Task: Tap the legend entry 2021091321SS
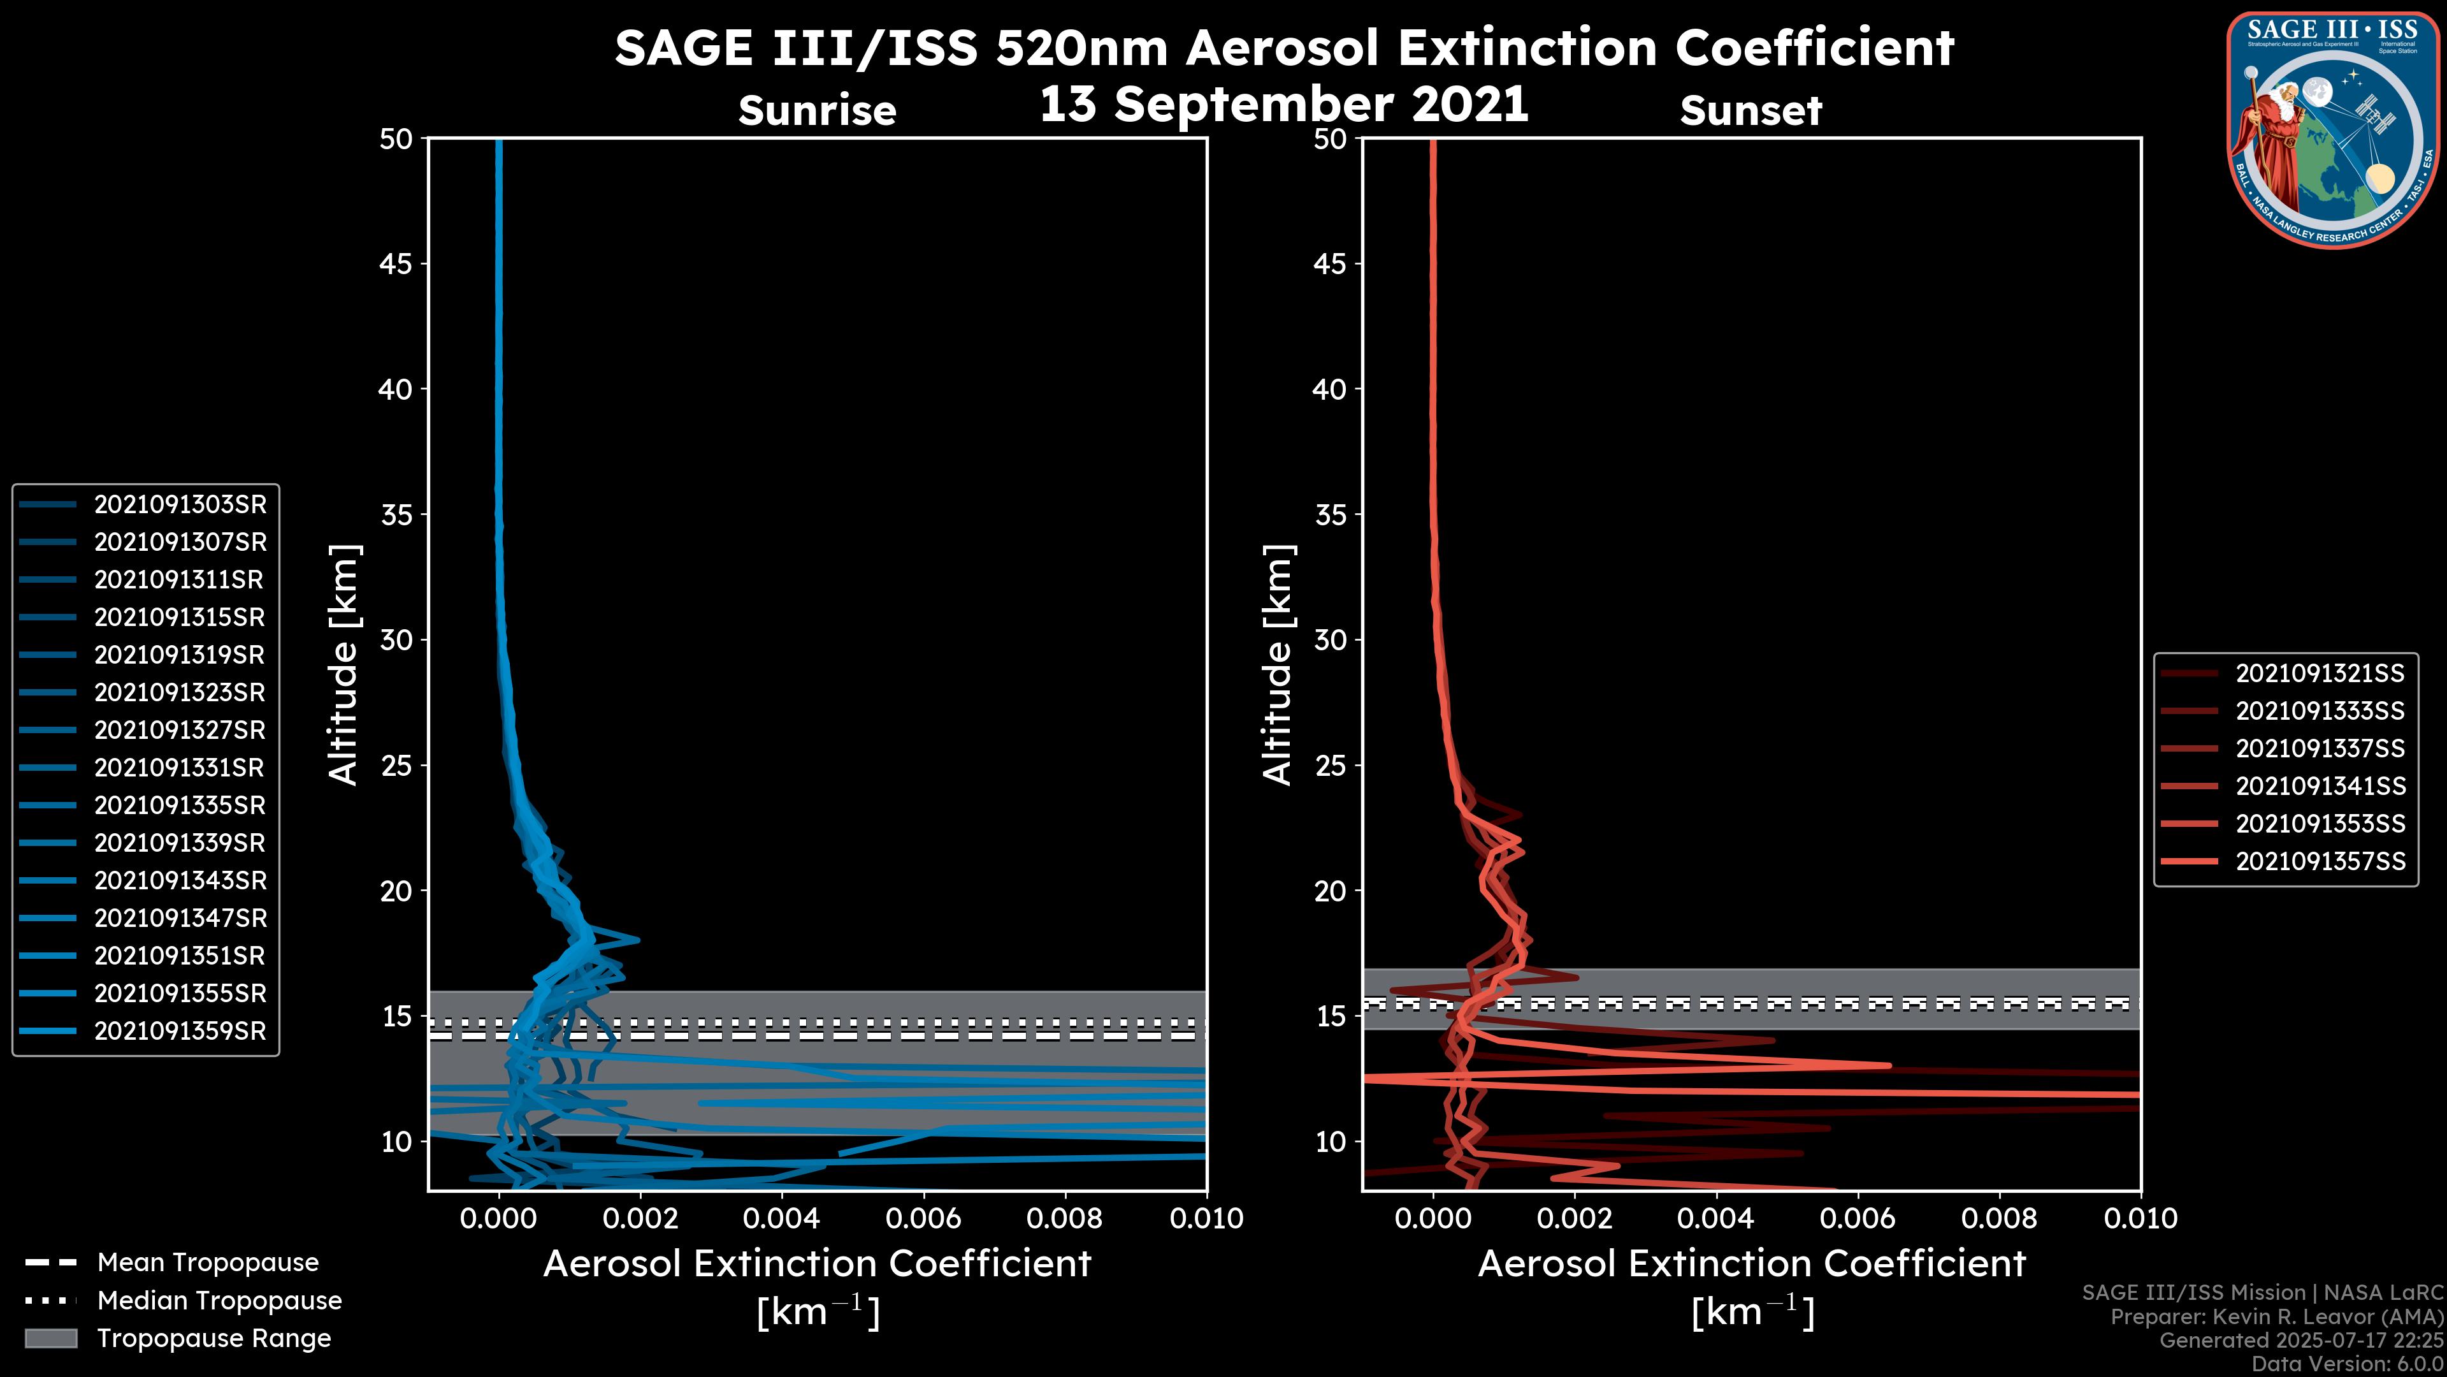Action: click(2320, 674)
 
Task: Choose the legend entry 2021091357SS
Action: click(2320, 862)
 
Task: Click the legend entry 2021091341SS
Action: click(2320, 787)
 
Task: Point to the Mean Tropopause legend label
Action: click(208, 1263)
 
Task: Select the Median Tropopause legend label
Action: click(219, 1301)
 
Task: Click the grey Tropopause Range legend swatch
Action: click(50, 1339)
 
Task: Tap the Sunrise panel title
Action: click(817, 111)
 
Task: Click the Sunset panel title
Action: click(1750, 111)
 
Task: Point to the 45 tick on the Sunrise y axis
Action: click(396, 264)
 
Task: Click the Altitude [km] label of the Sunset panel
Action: click(1278, 665)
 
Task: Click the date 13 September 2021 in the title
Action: click(1283, 105)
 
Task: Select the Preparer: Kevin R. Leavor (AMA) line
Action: click(2276, 1317)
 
